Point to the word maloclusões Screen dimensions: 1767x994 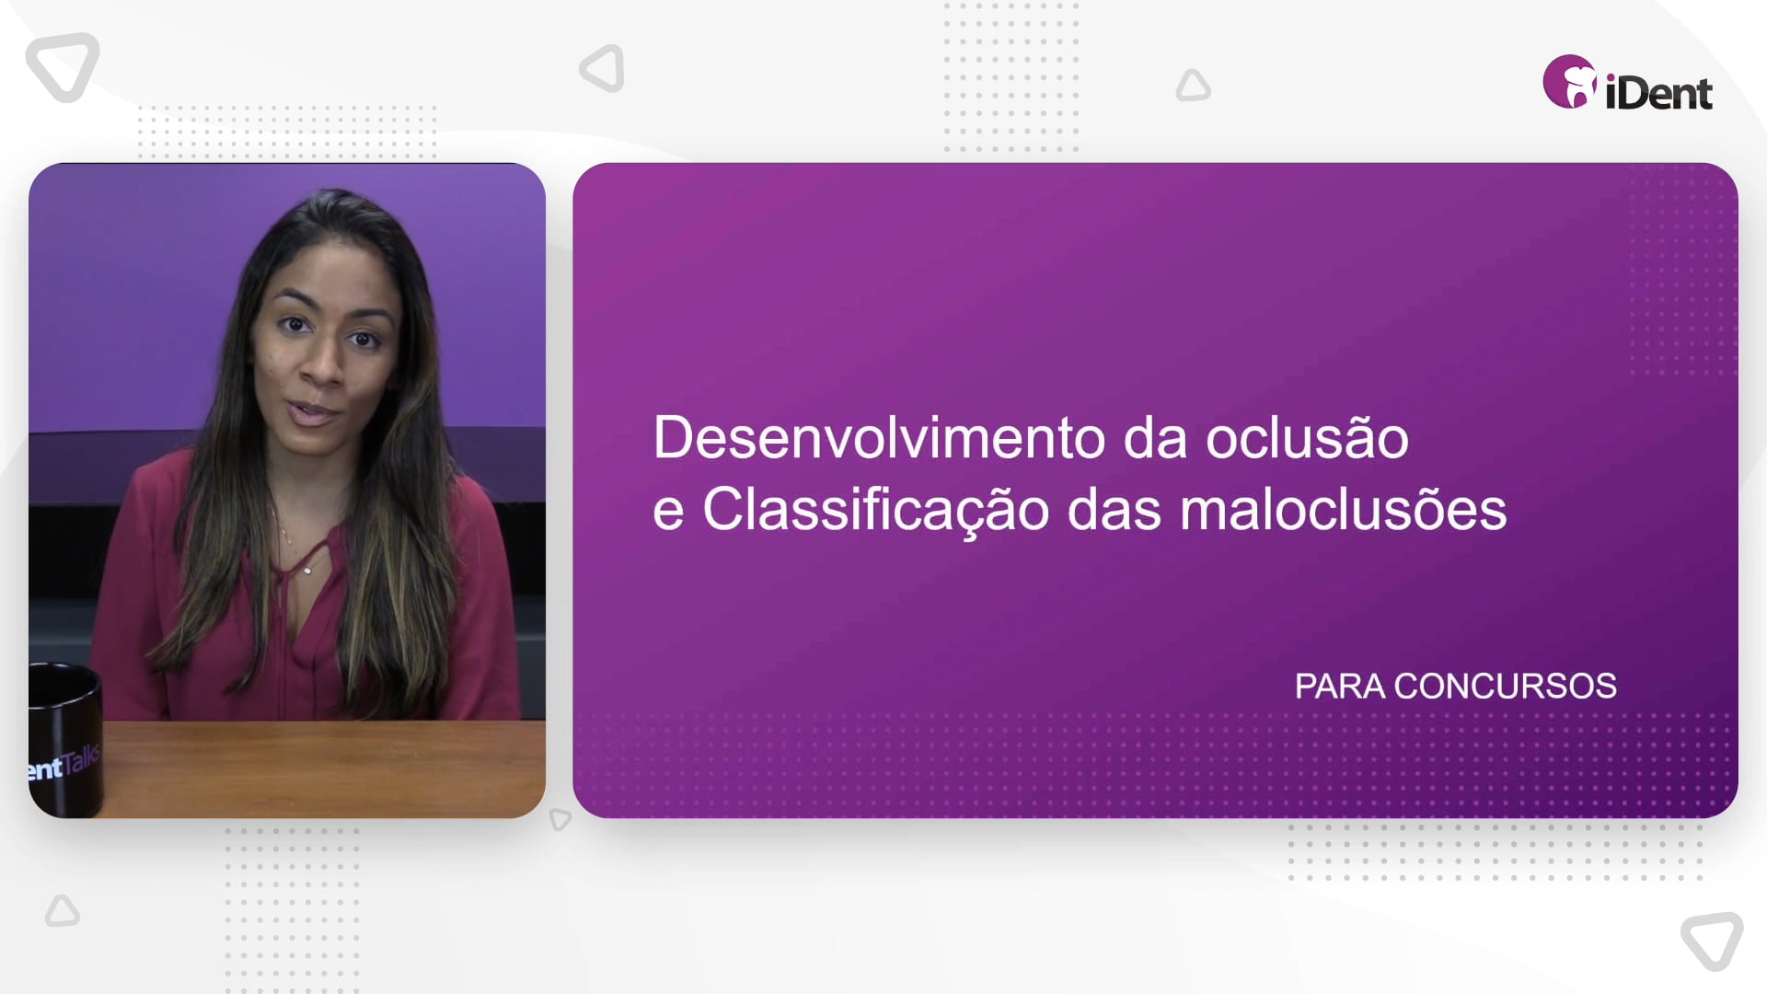[x=1343, y=509]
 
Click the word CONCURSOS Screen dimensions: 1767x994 [x=1505, y=687]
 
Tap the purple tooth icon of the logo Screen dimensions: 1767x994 [x=1569, y=82]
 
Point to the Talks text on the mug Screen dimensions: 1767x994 [x=82, y=761]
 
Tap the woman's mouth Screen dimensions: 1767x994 [x=313, y=412]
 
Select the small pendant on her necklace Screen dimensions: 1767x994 [x=307, y=571]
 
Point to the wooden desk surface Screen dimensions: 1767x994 [x=322, y=769]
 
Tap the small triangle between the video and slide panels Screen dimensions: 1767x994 [x=560, y=818]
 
